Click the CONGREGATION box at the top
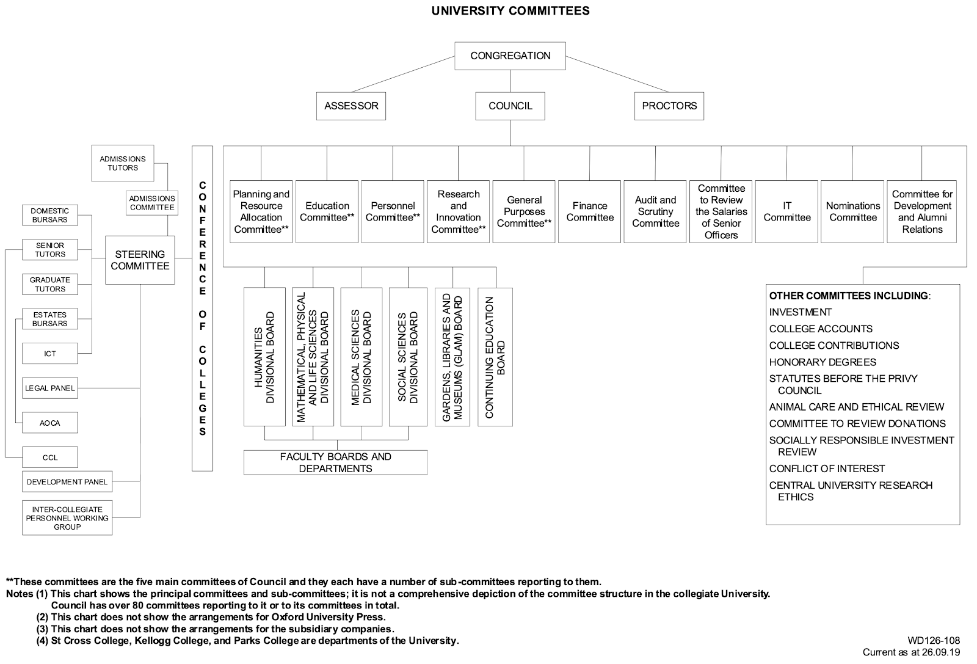(510, 56)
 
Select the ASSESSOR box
(351, 106)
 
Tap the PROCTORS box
(669, 106)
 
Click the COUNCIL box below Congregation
(510, 106)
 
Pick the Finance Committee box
(590, 211)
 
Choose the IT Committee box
(787, 211)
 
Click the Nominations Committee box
(853, 211)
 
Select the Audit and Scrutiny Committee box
(655, 211)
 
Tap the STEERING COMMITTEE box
(140, 260)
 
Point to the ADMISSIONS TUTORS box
(123, 163)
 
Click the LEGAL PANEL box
(50, 388)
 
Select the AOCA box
(50, 423)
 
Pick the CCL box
(50, 458)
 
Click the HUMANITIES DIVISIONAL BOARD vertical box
(264, 357)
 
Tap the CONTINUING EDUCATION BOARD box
(495, 357)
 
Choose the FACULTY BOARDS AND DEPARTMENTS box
(335, 462)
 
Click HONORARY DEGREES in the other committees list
(823, 362)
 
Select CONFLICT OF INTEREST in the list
(827, 469)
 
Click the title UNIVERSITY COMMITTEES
(510, 10)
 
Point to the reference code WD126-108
(934, 641)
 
